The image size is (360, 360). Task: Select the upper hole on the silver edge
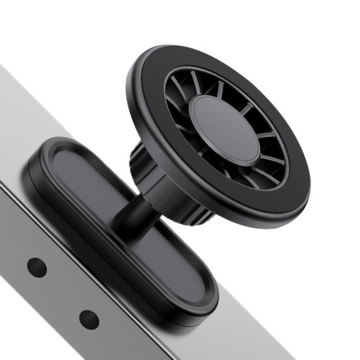[37, 267]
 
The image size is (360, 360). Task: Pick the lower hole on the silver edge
[89, 319]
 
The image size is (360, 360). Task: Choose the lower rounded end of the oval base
[196, 301]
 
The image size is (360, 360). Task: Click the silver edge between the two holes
[63, 293]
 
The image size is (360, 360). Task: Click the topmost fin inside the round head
[196, 82]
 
